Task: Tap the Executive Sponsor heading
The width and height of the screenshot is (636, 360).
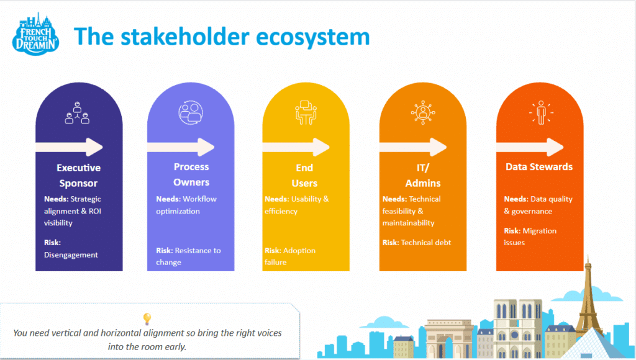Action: pos(78,175)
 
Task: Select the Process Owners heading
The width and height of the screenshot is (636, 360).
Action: pos(191,174)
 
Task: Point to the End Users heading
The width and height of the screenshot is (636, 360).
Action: pos(304,175)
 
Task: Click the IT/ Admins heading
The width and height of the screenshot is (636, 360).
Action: pos(423,174)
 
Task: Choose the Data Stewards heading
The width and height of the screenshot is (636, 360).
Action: pos(539,166)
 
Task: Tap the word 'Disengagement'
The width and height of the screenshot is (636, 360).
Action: pos(71,254)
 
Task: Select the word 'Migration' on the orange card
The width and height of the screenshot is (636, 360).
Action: pos(540,231)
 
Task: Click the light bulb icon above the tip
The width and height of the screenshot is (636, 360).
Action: pos(147,319)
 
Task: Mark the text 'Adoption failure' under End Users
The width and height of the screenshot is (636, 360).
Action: pos(290,256)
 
